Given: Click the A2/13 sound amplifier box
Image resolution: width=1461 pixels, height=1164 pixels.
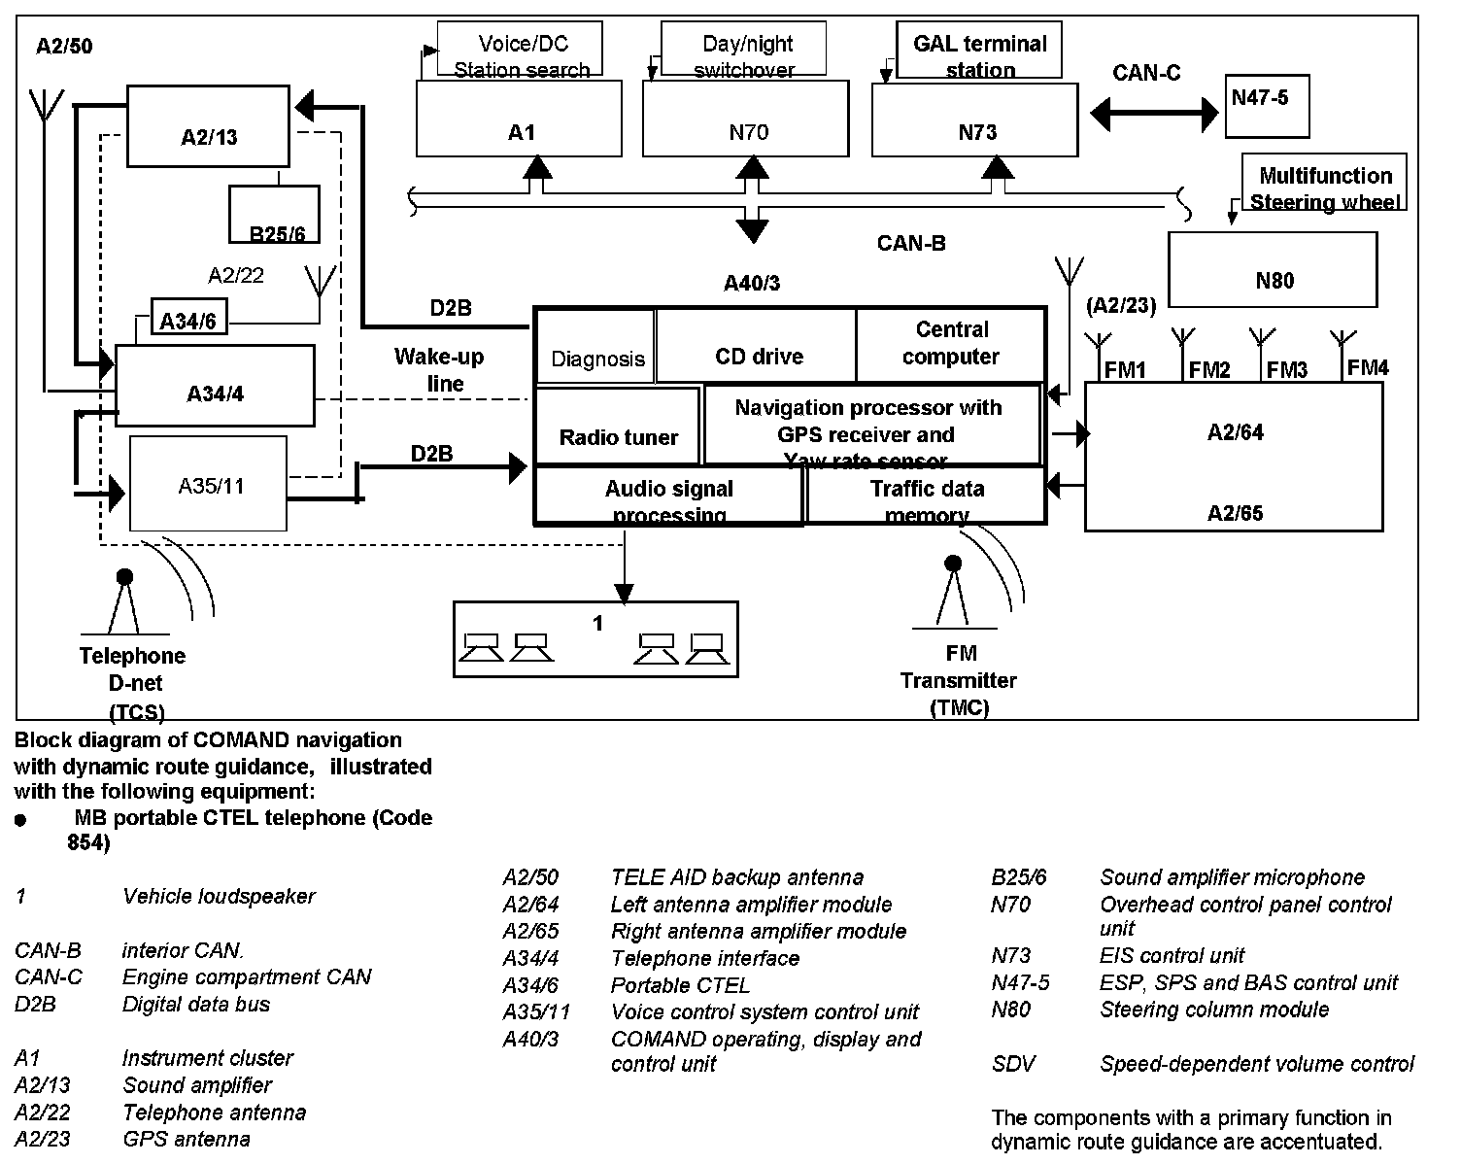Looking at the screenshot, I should [208, 126].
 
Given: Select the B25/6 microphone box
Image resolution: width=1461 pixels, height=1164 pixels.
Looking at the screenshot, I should [274, 215].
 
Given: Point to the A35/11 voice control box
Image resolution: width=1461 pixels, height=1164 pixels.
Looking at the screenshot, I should [209, 484].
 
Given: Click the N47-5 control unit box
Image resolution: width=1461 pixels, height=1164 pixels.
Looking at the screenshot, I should [1265, 106].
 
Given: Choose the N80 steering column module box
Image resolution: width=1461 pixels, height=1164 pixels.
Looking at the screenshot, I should [1273, 270].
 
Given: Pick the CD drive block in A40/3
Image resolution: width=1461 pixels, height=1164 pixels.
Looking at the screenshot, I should [758, 347].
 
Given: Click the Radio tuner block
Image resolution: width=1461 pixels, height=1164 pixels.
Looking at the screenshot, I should [618, 426].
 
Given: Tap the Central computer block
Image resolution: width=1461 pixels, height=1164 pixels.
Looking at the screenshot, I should [950, 345].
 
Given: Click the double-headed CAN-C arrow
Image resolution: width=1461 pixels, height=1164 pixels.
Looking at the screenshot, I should [1153, 114].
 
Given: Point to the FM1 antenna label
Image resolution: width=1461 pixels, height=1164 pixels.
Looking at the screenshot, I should [1125, 370].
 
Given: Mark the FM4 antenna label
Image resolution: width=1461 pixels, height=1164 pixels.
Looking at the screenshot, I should [1368, 367].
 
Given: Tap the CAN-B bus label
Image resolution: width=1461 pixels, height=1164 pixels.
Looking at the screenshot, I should [910, 243].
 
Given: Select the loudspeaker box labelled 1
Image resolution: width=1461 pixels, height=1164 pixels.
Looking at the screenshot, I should [595, 638].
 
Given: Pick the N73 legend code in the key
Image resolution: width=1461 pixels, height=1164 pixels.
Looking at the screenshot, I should [1010, 956].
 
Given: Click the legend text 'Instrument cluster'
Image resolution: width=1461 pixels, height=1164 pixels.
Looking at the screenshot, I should [207, 1058].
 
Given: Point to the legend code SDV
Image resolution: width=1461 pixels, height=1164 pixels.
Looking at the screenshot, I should [1012, 1064].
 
